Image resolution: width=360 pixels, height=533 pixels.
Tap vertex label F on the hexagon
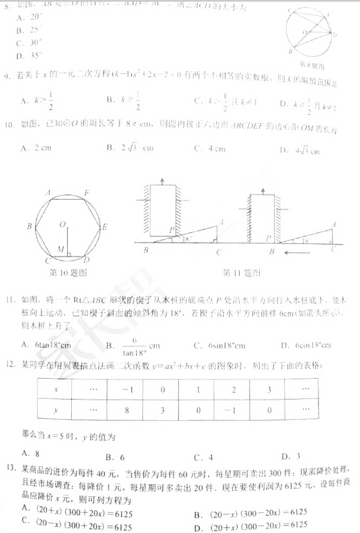point(85,193)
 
